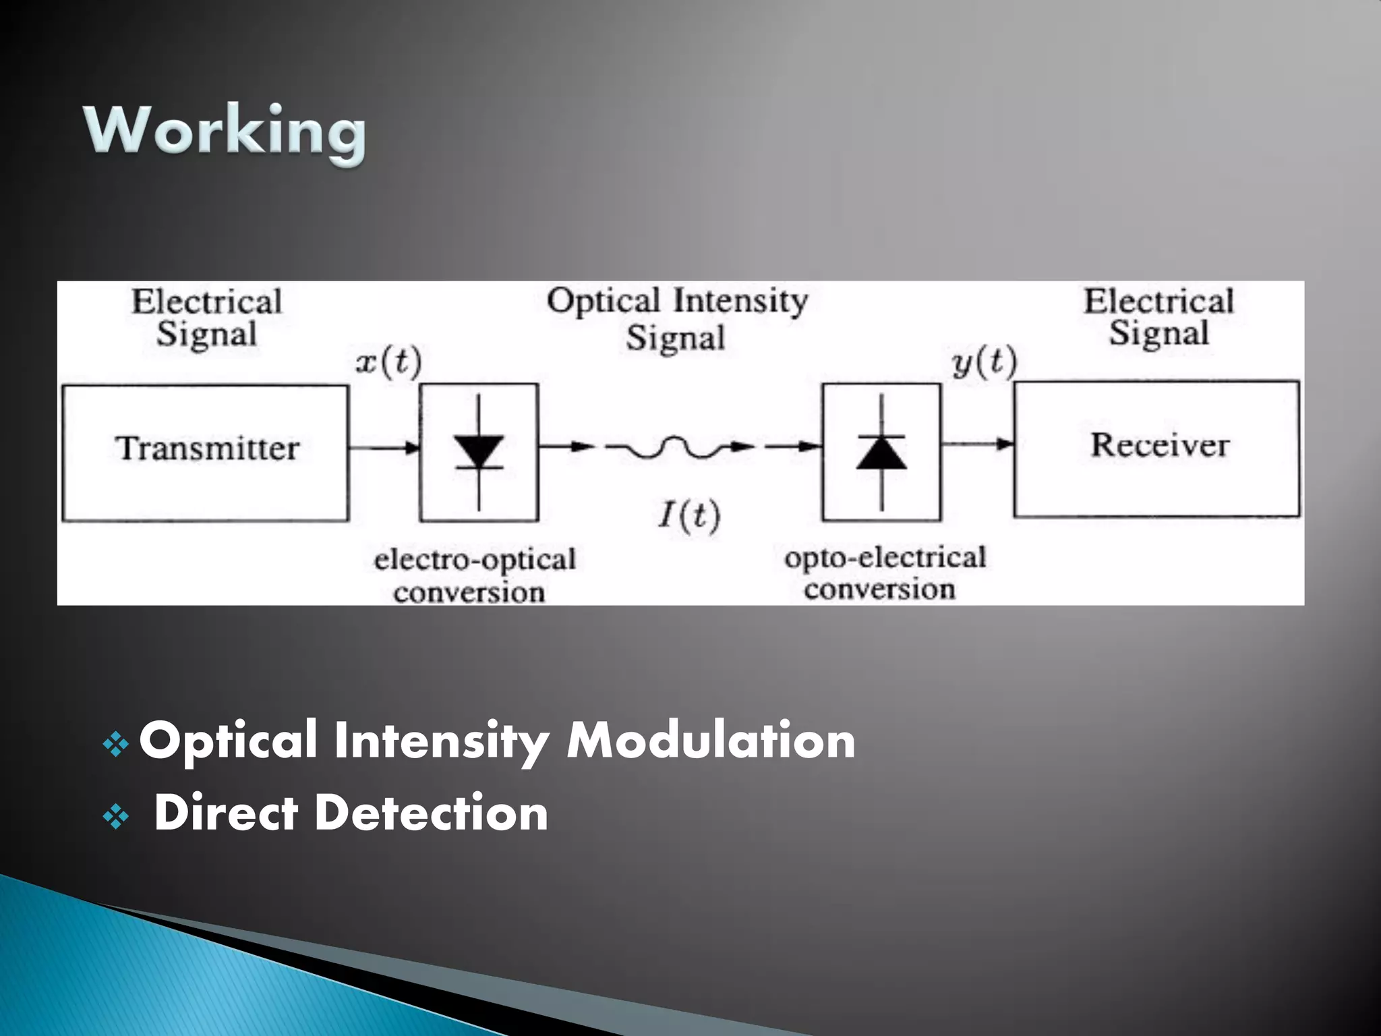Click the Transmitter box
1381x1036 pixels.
pyautogui.click(x=206, y=453)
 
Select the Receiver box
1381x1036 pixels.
pyautogui.click(x=1156, y=449)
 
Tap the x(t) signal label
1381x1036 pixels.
pyautogui.click(x=388, y=362)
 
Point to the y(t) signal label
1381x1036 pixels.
pyautogui.click(x=985, y=362)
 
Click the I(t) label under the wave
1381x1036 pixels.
pyautogui.click(x=689, y=516)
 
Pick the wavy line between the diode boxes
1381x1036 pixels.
pyautogui.click(x=678, y=448)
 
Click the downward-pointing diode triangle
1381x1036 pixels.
pyautogui.click(x=479, y=451)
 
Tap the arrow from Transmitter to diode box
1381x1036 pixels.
pyautogui.click(x=384, y=447)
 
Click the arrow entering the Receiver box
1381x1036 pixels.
pyautogui.click(x=978, y=444)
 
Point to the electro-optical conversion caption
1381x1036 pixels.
pyautogui.click(x=474, y=575)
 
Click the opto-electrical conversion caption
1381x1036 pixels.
pyautogui.click(x=883, y=573)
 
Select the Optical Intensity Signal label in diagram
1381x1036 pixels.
pyautogui.click(x=676, y=318)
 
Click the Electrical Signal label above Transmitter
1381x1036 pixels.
pyautogui.click(x=207, y=318)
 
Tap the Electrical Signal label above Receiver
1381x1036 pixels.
pyautogui.click(x=1158, y=317)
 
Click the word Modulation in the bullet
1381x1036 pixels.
pyautogui.click(x=711, y=741)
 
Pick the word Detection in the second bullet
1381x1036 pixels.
pyautogui.click(x=431, y=813)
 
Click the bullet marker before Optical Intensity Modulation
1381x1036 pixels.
pyautogui.click(x=116, y=745)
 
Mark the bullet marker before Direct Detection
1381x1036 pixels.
pyautogui.click(x=116, y=817)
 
